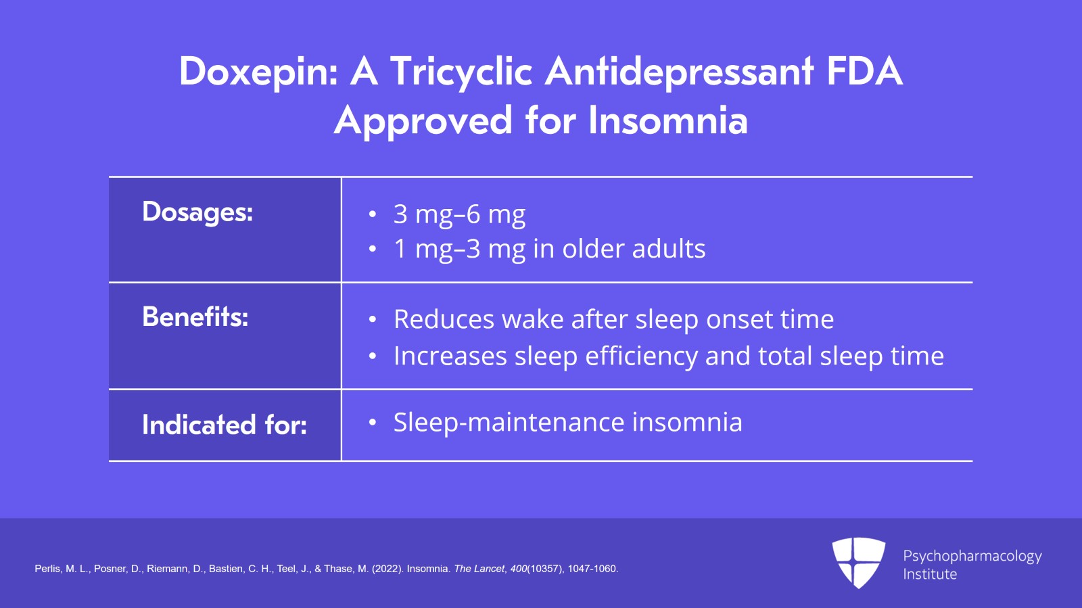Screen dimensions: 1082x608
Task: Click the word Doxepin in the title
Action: pos(258,72)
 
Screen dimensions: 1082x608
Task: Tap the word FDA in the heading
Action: pos(865,71)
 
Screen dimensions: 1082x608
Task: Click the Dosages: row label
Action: pos(197,212)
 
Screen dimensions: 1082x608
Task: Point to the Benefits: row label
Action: pos(195,317)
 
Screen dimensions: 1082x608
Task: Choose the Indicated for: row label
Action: pos(225,425)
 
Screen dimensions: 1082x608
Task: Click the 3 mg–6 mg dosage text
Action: pos(459,214)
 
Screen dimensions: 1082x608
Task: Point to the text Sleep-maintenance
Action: pos(509,422)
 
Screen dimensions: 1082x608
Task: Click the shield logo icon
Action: pos(858,563)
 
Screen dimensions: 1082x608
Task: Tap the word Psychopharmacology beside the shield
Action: pos(972,557)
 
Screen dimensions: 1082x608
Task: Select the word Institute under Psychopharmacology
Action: pos(930,574)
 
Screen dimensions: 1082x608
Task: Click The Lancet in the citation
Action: pos(479,569)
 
